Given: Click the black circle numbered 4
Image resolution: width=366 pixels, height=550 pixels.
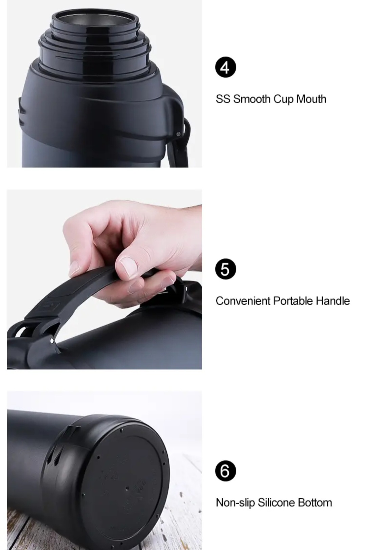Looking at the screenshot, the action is [226, 68].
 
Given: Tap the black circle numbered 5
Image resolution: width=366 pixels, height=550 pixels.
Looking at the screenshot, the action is [226, 269].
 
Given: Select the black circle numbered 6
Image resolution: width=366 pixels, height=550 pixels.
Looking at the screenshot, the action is [226, 471].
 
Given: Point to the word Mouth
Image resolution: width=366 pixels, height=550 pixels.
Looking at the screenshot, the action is [311, 99].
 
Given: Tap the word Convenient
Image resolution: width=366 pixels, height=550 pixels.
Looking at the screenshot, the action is [243, 301].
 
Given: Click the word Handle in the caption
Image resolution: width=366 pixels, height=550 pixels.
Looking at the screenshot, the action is [333, 301].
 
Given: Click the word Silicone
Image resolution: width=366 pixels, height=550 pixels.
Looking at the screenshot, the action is [276, 502].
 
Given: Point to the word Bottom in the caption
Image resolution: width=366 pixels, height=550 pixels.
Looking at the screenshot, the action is [315, 502].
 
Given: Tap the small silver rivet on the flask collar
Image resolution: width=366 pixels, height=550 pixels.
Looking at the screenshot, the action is [178, 134].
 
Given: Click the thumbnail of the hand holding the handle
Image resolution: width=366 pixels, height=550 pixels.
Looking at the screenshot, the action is [104, 279].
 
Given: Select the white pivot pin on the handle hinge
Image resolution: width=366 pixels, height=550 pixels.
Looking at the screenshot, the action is [52, 341].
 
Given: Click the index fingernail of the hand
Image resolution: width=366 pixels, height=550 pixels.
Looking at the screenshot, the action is [128, 267].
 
